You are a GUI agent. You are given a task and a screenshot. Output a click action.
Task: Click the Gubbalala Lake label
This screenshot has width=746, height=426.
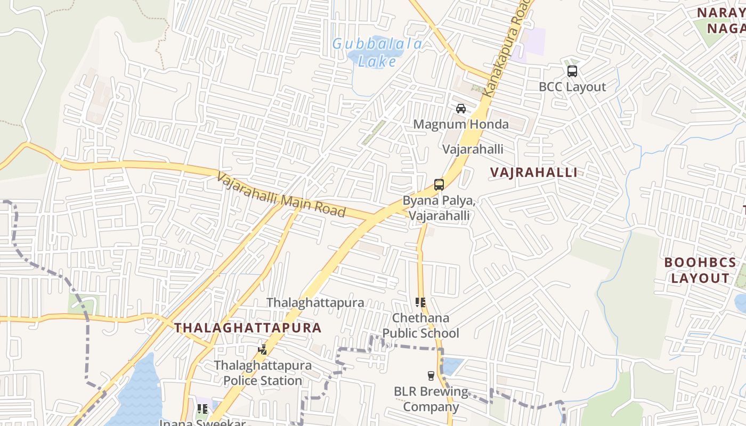pos(377,52)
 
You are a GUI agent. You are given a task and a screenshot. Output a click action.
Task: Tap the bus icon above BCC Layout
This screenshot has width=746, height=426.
pos(572,71)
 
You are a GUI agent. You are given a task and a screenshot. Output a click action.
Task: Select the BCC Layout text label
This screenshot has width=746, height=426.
pos(572,87)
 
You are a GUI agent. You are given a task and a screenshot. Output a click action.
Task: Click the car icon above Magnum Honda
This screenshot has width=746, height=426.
pos(461,109)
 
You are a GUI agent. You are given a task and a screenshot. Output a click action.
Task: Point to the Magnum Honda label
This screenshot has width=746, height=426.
pos(461,125)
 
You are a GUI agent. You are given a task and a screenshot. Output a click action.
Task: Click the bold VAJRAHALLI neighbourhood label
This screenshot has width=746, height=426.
pos(533,172)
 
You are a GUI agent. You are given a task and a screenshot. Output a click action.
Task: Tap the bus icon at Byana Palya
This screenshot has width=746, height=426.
pos(439,185)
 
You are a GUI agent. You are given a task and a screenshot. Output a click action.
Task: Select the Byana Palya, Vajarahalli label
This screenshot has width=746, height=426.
pos(439,208)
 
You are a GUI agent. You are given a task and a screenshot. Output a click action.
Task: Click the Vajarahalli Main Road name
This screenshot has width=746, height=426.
pos(281,195)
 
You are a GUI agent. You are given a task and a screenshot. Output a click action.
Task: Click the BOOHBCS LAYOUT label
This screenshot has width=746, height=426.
pos(700,270)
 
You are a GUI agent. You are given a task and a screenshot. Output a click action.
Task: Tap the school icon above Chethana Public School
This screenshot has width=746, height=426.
pos(420,302)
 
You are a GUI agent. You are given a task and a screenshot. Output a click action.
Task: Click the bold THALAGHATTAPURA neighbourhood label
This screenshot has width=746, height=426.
pos(248,327)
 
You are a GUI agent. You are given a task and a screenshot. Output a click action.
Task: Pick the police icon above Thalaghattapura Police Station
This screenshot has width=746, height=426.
pos(263,349)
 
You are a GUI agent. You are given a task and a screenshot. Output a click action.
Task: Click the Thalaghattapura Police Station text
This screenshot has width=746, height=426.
pos(263,373)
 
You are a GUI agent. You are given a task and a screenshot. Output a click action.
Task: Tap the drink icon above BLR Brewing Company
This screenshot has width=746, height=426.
pos(431,376)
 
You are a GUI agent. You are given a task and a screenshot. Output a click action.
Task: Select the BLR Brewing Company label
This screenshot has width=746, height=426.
pos(431,399)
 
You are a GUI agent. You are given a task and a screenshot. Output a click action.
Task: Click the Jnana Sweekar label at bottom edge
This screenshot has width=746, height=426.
pos(202,422)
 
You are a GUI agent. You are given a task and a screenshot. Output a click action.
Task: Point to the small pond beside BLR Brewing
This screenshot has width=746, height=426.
pos(452,365)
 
